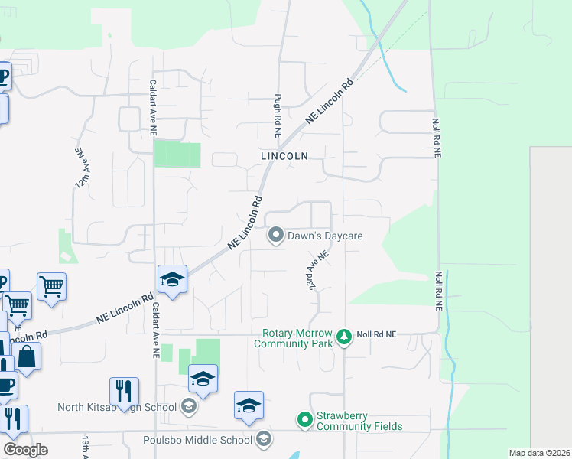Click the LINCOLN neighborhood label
click(x=284, y=155)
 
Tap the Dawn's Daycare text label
click(x=324, y=236)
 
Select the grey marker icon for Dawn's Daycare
click(x=275, y=236)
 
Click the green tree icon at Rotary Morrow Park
click(x=344, y=336)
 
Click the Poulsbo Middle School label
click(x=197, y=440)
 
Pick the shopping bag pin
click(x=27, y=356)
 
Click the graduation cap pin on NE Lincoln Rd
click(x=173, y=280)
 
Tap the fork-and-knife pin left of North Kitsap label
click(x=124, y=392)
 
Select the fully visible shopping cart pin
click(x=51, y=288)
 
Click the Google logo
click(x=25, y=449)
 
